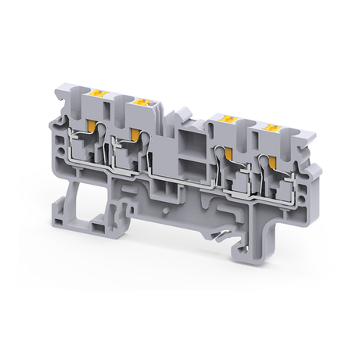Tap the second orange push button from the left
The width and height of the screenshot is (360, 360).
[x=143, y=102]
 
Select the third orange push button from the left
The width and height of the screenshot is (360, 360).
[x=230, y=119]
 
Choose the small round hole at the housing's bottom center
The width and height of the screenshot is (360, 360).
[x=167, y=211]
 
